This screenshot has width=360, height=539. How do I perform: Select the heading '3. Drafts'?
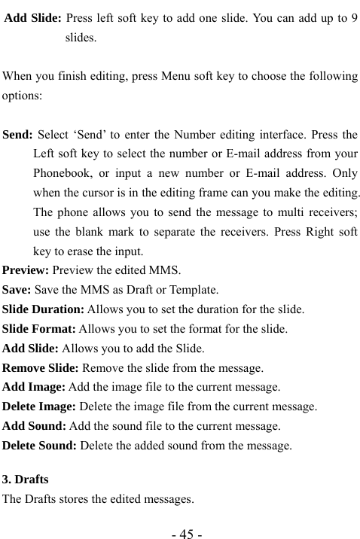coord(26,479)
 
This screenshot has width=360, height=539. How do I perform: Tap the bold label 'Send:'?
coord(18,136)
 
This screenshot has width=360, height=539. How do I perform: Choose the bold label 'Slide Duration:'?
coord(44,310)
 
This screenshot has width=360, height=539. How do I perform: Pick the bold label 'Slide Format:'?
coord(40,329)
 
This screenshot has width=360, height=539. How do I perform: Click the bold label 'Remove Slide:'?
coord(40,368)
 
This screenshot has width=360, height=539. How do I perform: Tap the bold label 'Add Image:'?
coord(33,388)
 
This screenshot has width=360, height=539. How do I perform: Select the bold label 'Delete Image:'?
coord(39,407)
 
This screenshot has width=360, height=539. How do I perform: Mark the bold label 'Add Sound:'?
coord(34,426)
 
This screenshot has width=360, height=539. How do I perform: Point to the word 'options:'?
coord(23,96)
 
